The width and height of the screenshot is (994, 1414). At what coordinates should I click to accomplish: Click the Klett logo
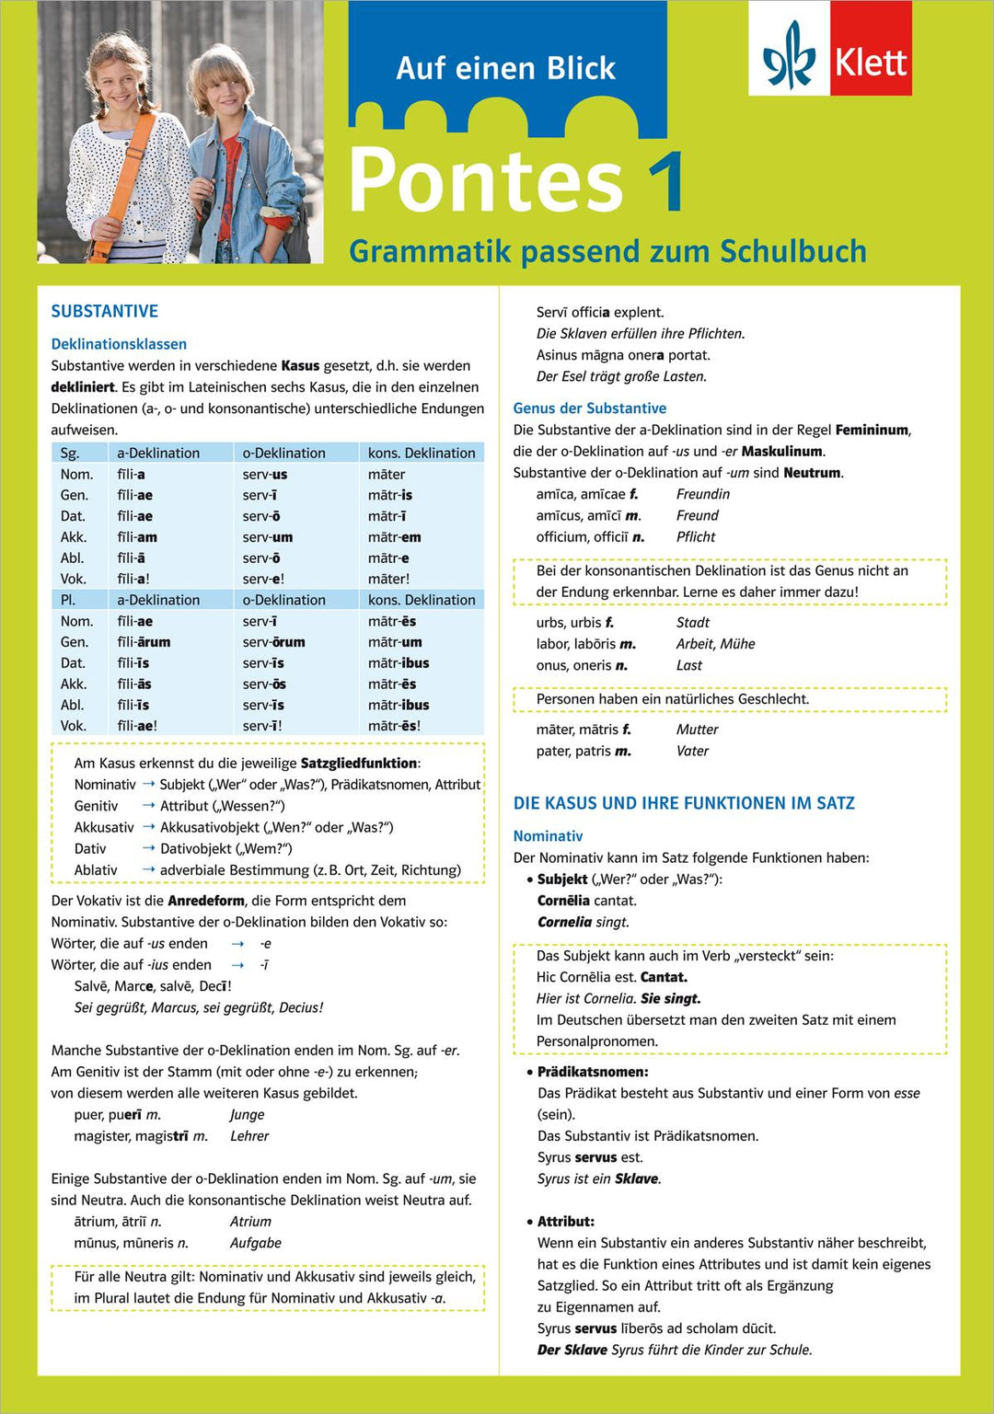point(830,49)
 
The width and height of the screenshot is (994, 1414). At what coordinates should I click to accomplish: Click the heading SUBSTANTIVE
point(105,311)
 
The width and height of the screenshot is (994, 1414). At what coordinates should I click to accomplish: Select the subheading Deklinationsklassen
point(119,344)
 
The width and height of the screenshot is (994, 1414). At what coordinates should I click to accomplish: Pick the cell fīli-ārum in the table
point(144,642)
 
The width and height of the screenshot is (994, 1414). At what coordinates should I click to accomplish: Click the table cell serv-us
point(265,475)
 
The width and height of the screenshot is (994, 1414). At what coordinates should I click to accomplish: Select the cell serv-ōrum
point(273,642)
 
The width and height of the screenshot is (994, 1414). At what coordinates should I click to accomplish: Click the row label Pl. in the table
point(68,600)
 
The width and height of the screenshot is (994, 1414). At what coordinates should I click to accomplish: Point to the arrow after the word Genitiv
point(148,806)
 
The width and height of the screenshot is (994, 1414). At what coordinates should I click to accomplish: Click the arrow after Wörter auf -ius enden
point(237,965)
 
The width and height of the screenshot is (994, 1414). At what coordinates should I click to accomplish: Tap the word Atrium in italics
point(250,1222)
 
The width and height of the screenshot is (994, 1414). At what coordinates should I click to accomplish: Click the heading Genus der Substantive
point(590,408)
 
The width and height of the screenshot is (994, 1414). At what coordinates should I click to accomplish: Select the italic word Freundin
point(703,494)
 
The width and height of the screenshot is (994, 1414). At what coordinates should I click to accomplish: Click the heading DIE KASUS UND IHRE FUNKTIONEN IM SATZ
point(684,803)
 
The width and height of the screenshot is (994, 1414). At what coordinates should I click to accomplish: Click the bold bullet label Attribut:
point(566,1222)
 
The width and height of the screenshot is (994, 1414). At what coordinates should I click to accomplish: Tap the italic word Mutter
point(697,730)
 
